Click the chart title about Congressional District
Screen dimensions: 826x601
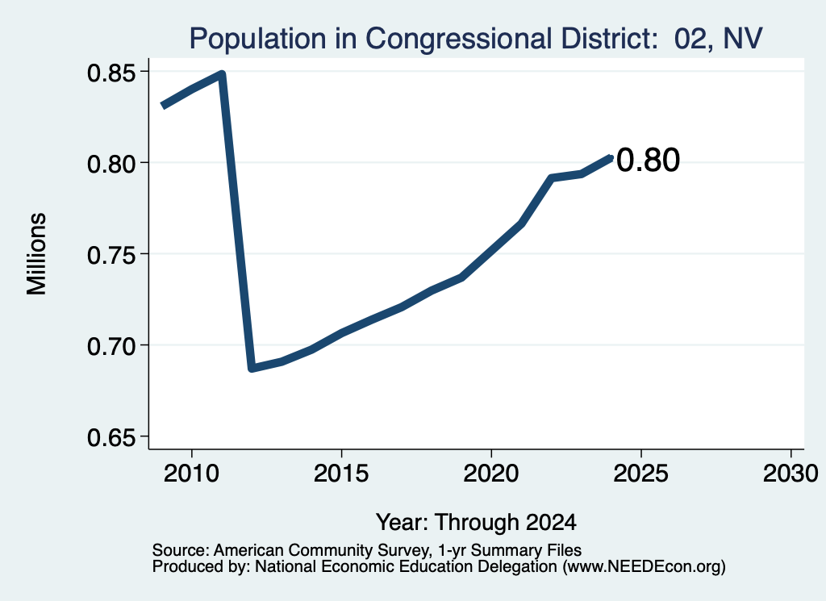[476, 39]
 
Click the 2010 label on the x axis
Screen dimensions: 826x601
[191, 474]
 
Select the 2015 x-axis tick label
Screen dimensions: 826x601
[341, 474]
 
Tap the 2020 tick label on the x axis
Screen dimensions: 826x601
[491, 474]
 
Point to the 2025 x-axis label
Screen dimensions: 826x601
[641, 474]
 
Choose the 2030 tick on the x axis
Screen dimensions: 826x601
[791, 474]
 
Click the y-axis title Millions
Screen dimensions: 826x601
[37, 253]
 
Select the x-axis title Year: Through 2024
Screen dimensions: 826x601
[476, 522]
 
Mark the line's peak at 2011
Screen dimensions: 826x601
[222, 74]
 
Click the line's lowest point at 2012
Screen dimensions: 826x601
[252, 368]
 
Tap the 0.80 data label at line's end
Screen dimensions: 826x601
[648, 160]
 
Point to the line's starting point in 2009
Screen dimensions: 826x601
[162, 106]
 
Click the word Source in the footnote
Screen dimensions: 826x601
[181, 550]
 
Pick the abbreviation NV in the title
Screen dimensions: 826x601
[743, 39]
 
